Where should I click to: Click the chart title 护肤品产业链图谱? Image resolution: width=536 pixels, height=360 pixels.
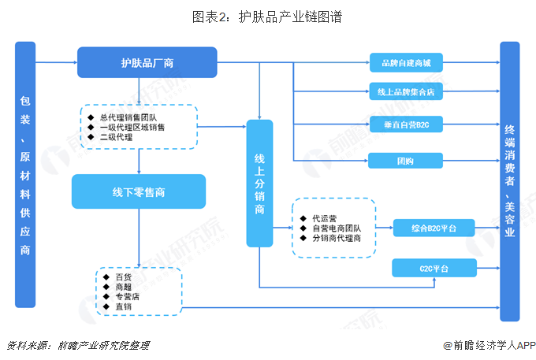tap(267, 16)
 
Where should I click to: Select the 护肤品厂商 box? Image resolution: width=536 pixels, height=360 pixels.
tap(147, 62)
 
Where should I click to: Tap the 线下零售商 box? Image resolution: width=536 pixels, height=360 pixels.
tap(138, 191)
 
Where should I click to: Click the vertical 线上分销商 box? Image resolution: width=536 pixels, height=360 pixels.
tap(259, 183)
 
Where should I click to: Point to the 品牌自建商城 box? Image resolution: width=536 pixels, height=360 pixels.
tap(406, 62)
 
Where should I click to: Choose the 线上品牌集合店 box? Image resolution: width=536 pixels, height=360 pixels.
tap(406, 92)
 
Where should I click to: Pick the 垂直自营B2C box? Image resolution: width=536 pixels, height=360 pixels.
tap(406, 125)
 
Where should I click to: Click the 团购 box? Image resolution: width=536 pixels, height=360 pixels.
tap(406, 161)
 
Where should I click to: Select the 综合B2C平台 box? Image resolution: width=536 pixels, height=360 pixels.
tap(434, 228)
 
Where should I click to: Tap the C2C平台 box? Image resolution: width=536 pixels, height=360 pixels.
tap(434, 269)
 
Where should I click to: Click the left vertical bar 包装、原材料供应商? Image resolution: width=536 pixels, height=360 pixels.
tap(25, 175)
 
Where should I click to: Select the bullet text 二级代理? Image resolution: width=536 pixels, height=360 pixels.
tap(116, 136)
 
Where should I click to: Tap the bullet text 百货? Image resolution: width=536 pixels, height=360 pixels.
tap(123, 277)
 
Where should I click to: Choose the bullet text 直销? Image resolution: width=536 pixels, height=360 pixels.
tap(123, 306)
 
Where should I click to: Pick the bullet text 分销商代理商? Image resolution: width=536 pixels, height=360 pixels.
tap(336, 238)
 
